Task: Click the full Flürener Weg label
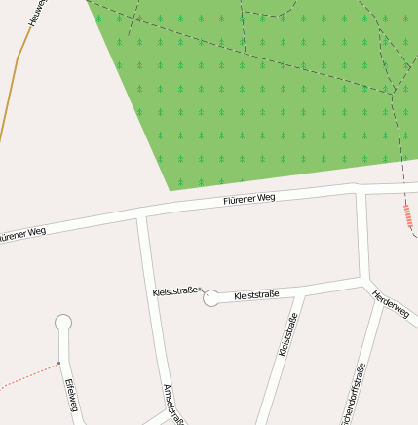(249, 199)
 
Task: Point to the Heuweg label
(37, 13)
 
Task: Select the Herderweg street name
(391, 303)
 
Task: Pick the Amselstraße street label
(174, 404)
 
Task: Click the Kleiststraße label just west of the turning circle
(175, 290)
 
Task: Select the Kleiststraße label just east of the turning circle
(257, 293)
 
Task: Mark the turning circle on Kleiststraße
(211, 298)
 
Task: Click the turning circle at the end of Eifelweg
(63, 323)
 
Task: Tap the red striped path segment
(408, 216)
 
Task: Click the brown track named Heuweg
(9, 97)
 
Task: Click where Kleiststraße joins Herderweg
(365, 282)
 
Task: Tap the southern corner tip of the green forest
(171, 189)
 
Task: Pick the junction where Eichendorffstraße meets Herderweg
(380, 294)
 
